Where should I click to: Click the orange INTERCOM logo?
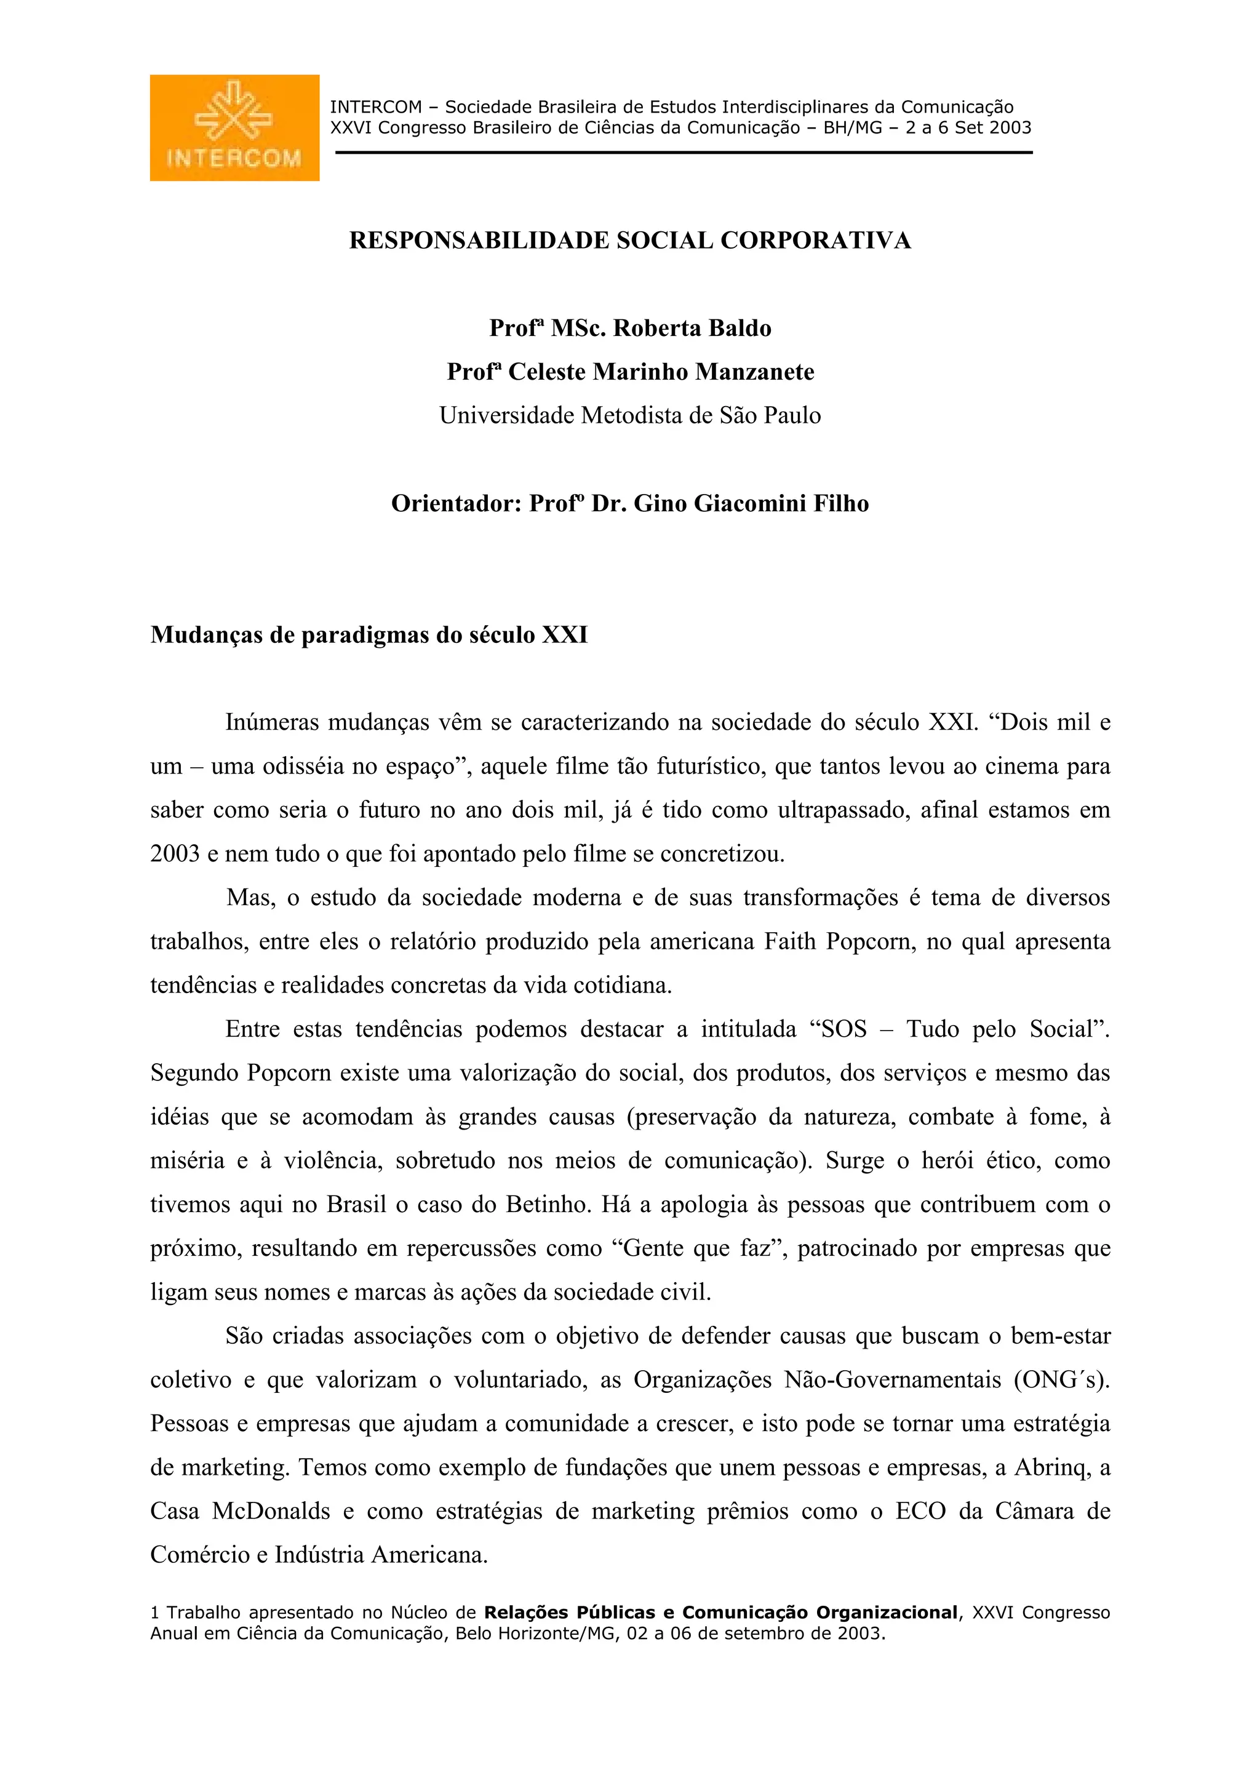[x=234, y=128]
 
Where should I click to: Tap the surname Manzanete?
[x=755, y=372]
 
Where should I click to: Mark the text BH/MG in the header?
[x=853, y=128]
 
